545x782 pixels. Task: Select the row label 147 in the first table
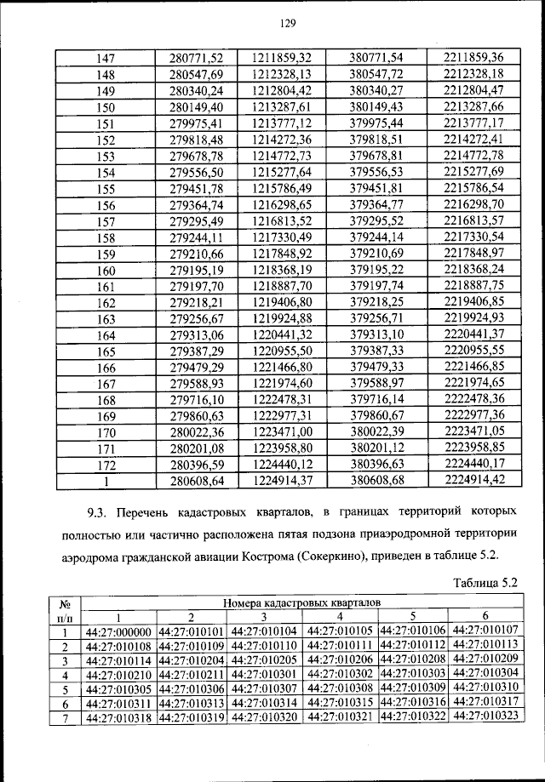coord(106,57)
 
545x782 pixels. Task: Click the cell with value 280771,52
coord(195,57)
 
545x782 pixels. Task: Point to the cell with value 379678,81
coord(376,157)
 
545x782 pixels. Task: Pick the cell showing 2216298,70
coord(473,205)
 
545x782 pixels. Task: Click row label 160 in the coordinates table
coord(106,270)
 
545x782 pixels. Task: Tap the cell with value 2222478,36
coord(473,399)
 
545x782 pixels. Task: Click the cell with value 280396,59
coord(195,465)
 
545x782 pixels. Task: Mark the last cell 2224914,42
coord(473,481)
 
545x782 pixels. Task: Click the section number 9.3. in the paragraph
coord(101,515)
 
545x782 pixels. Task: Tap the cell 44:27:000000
coord(119,631)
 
